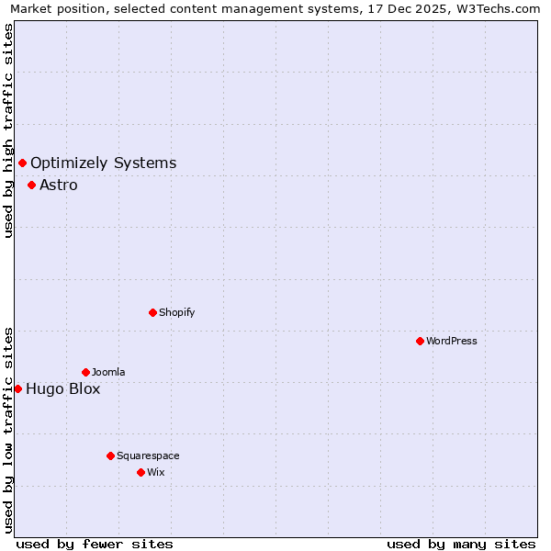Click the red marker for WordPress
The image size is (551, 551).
420,341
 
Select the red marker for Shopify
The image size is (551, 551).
152,312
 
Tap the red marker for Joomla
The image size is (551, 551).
85,372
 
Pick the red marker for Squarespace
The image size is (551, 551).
110,455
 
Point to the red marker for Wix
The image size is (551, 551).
141,472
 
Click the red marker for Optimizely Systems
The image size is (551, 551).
22,163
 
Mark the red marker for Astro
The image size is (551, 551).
31,185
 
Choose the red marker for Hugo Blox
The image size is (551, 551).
17,388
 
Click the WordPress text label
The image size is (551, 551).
452,341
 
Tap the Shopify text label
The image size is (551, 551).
177,312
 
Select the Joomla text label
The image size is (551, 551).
108,372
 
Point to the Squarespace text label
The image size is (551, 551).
148,455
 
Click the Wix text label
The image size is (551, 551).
156,472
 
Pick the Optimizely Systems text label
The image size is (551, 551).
104,163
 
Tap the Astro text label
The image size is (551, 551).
59,185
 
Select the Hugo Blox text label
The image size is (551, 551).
63,388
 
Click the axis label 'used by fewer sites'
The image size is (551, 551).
95,544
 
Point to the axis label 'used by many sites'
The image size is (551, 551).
461,544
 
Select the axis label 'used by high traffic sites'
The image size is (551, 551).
9,130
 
